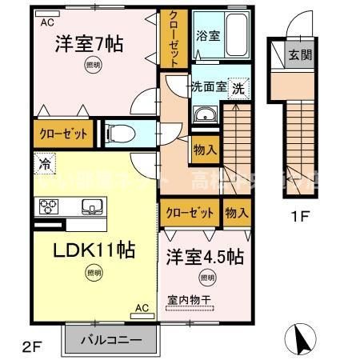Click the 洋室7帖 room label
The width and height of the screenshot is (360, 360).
pos(88,46)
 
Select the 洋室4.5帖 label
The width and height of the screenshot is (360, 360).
pos(205,258)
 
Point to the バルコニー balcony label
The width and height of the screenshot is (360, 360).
pos(113,340)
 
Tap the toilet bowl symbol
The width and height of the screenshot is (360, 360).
pos(121,134)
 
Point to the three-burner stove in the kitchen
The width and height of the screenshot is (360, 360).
pos(47,209)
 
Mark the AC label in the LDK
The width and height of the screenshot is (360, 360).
pos(142,307)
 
